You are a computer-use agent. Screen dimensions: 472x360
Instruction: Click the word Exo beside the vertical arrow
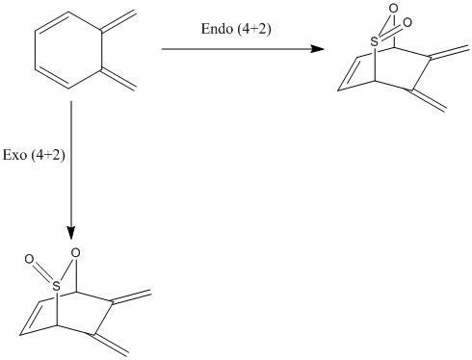14,155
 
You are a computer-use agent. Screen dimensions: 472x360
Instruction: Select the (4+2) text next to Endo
254,29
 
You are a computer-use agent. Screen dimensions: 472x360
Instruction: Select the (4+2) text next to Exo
48,156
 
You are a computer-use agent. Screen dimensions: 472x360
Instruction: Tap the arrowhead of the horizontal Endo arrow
318,49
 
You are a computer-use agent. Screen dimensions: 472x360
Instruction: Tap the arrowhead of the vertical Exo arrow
71,233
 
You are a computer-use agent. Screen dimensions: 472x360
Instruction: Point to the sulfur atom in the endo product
374,41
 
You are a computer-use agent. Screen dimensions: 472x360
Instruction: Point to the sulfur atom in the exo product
56,286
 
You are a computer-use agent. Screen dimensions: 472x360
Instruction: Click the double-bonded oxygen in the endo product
407,22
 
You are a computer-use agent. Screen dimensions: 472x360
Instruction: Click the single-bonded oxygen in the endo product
393,8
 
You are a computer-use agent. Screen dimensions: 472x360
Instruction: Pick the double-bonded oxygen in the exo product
29,259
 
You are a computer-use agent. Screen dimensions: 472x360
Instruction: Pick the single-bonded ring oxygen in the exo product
75,253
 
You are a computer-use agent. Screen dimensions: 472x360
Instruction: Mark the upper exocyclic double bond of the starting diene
118,22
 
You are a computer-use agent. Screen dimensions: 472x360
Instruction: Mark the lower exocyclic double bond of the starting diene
118,79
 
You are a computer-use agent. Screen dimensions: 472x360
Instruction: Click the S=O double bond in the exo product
42,271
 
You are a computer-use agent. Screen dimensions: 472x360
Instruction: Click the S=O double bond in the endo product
390,32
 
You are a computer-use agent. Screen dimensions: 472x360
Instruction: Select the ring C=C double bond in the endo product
348,73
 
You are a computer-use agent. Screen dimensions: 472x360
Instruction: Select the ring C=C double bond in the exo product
30,318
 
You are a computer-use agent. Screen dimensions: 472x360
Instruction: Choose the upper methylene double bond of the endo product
449,53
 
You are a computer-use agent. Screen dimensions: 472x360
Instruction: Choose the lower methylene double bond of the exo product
109,345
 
